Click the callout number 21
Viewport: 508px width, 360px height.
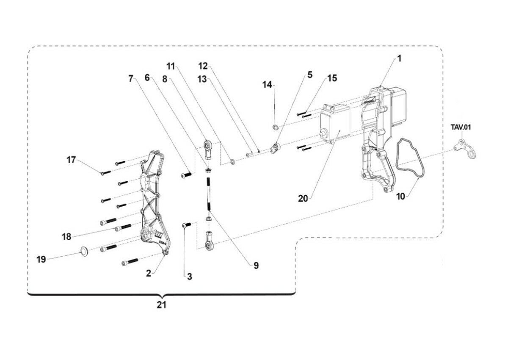tap(161, 305)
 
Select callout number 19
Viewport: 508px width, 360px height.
tap(41, 260)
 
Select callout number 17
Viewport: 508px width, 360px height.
tap(71, 160)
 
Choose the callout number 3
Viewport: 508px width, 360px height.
tap(189, 277)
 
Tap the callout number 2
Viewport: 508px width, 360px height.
tap(149, 274)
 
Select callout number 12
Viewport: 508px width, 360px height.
tap(203, 66)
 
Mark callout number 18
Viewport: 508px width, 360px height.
tap(66, 237)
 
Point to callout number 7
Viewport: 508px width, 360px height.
tap(131, 78)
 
